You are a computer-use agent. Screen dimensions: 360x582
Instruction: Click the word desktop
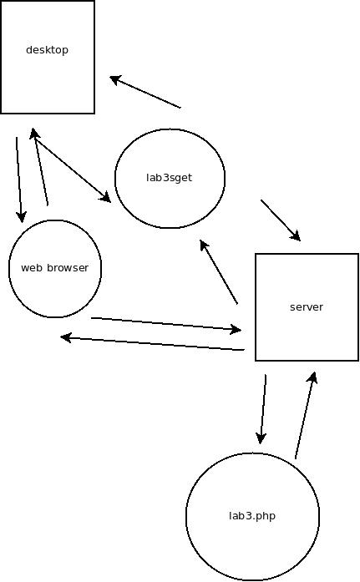(47, 50)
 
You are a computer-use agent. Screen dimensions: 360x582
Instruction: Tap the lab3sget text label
(170, 178)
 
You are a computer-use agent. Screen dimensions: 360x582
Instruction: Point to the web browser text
(55, 267)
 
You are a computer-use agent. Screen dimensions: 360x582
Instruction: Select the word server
(307, 307)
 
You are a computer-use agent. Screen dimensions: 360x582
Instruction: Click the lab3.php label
(252, 516)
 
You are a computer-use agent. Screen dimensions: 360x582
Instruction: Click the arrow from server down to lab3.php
(263, 409)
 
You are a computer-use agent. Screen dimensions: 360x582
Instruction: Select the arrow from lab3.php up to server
(306, 415)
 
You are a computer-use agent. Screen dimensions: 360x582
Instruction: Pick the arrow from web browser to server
(166, 324)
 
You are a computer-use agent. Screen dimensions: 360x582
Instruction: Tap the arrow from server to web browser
(152, 343)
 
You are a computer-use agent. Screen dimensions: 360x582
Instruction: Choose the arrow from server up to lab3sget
(219, 272)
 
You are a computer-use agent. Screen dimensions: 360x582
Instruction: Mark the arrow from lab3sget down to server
(281, 220)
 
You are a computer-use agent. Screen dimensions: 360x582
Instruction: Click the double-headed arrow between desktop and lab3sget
(70, 165)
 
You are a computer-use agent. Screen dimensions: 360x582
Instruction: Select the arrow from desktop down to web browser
(19, 180)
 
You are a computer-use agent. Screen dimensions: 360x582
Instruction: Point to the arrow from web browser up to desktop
(40, 167)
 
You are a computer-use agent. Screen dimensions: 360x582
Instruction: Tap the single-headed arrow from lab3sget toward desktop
(145, 92)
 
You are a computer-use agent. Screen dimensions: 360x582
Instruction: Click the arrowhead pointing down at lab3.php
(261, 438)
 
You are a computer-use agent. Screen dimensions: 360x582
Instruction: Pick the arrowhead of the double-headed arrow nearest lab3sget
(105, 197)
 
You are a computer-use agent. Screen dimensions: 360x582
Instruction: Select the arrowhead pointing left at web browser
(66, 337)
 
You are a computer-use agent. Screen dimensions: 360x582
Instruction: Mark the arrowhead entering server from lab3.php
(313, 377)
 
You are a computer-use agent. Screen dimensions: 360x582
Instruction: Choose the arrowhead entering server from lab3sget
(296, 235)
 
